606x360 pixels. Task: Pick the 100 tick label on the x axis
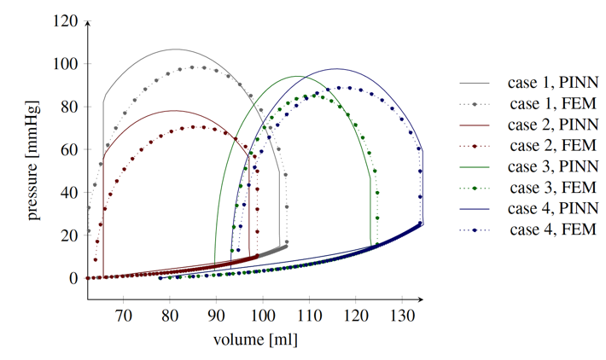(263, 314)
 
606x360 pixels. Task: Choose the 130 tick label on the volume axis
(402, 314)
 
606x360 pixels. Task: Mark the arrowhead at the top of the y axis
(88, 22)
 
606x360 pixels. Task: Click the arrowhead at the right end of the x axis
(422, 299)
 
